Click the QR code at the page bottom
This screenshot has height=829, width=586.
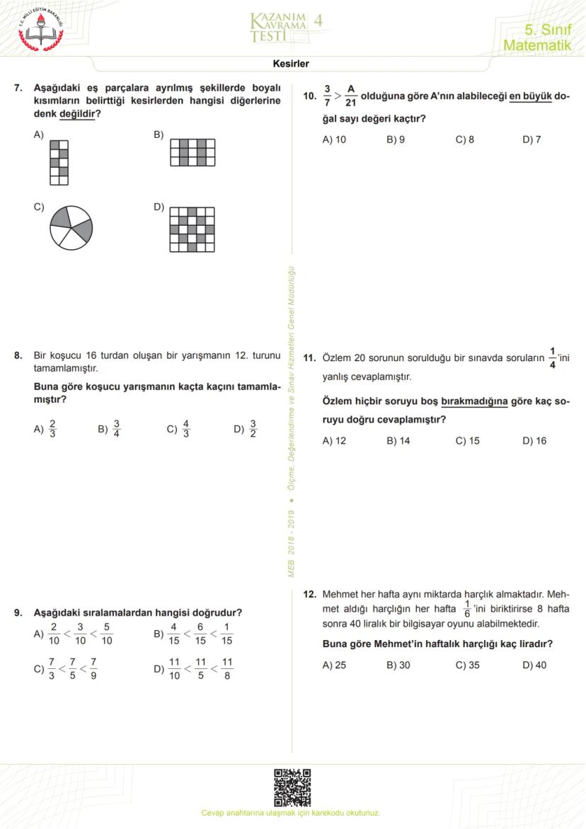292,788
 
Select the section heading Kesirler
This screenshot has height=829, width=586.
291,64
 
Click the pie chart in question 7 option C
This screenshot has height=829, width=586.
71,227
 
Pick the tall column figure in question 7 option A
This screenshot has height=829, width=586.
59,162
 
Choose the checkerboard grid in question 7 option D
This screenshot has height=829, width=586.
193,229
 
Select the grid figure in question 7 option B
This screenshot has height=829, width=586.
193,152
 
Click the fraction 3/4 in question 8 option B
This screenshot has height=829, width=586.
117,429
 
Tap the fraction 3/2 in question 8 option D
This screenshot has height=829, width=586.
253,429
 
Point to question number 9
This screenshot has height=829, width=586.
18,613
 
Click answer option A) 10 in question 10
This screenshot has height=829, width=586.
334,139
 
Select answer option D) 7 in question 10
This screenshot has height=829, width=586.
532,139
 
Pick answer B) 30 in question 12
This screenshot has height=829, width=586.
398,665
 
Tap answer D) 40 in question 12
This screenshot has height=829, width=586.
534,665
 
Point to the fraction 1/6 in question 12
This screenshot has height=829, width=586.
466,610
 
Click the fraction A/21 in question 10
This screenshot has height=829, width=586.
351,96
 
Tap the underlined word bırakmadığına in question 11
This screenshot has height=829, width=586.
474,401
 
